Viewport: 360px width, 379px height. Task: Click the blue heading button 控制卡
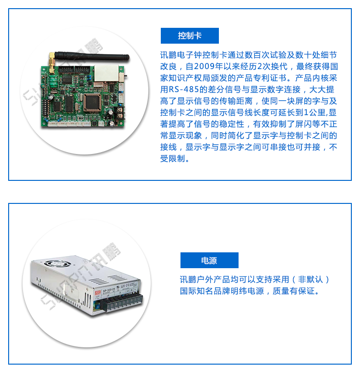(x=190, y=36)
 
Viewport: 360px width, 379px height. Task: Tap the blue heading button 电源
(x=209, y=261)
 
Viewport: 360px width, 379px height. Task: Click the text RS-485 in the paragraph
(x=184, y=90)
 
